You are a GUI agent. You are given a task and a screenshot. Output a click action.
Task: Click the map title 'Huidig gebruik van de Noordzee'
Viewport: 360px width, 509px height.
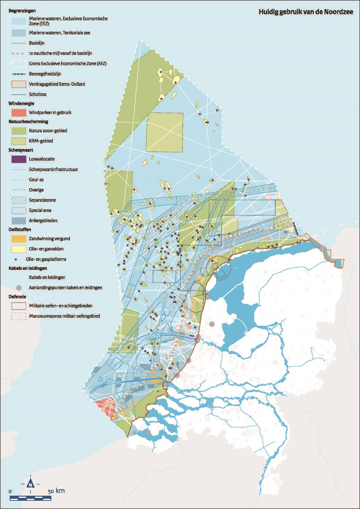click(306, 12)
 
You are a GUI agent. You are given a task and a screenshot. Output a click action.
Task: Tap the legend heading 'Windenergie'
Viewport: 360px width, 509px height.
click(21, 103)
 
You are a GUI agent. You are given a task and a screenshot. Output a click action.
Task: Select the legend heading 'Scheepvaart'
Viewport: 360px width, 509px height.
click(21, 150)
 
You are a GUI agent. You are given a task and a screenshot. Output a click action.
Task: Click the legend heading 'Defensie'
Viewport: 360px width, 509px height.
click(18, 297)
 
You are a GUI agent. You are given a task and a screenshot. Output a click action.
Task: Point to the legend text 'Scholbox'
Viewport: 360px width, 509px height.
click(38, 94)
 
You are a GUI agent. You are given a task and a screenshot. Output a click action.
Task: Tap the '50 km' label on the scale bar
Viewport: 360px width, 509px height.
click(56, 491)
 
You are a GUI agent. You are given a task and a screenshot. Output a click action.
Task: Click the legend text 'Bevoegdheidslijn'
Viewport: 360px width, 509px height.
click(45, 74)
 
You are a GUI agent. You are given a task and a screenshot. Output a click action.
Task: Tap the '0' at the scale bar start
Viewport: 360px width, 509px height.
click(10, 491)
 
